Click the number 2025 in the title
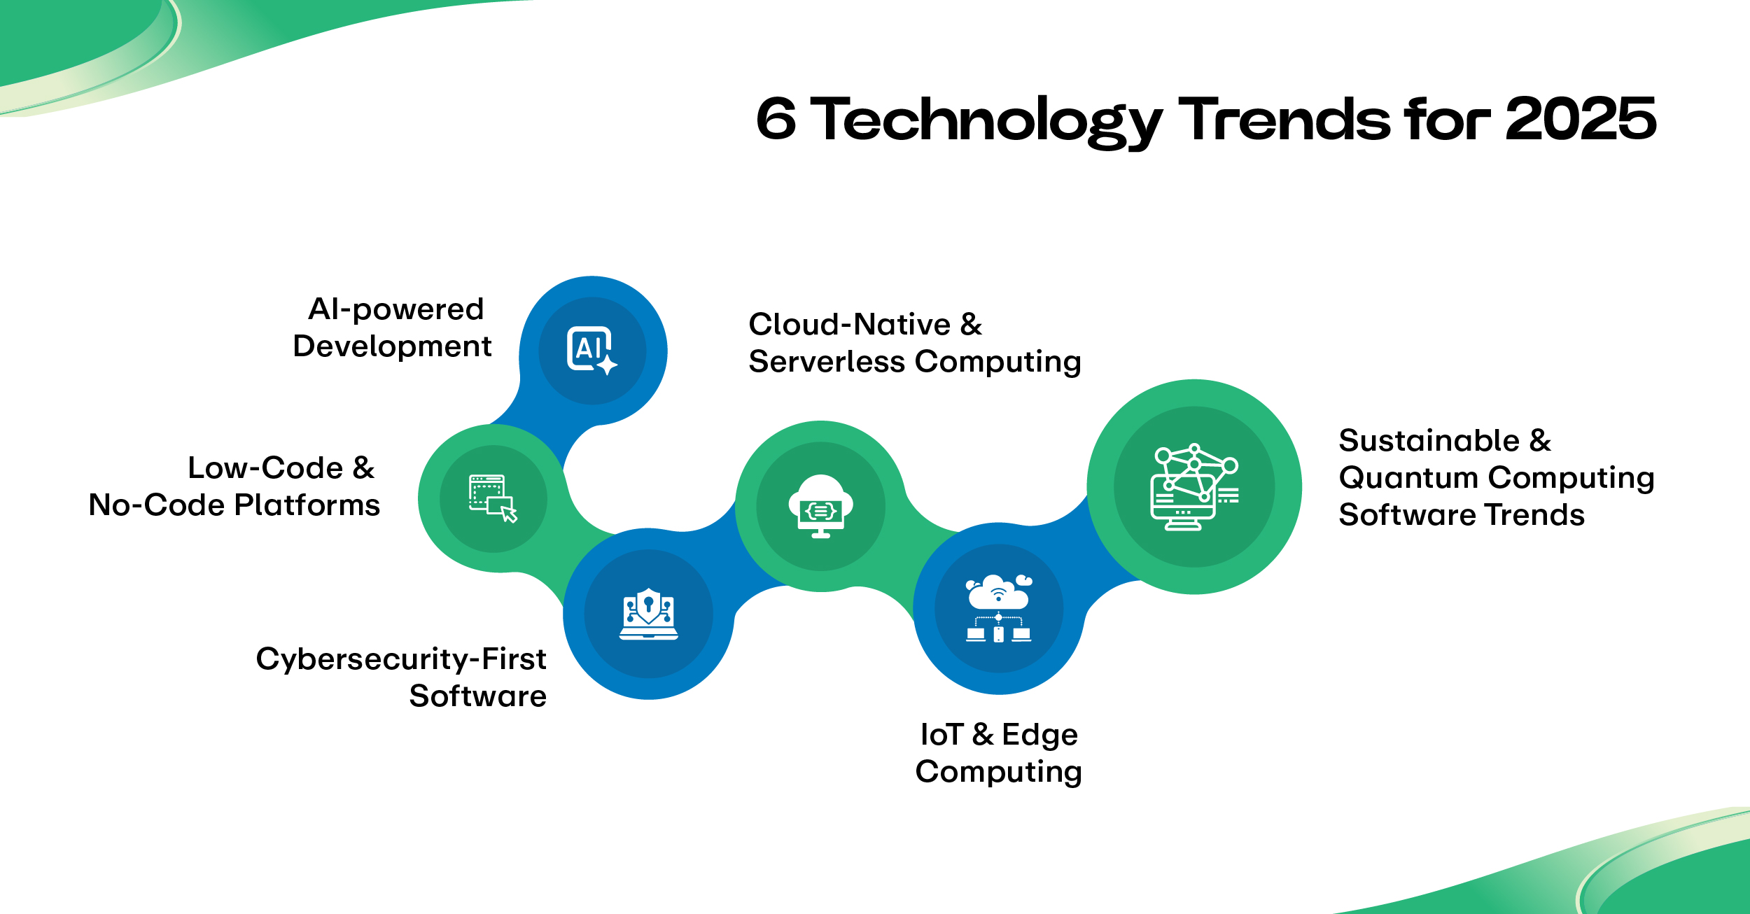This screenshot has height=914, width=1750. (x=1580, y=119)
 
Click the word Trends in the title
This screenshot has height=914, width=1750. (x=1284, y=119)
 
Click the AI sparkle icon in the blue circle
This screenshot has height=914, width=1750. (x=591, y=351)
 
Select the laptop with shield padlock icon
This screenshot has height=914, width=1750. (x=648, y=614)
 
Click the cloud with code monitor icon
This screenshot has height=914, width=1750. (x=820, y=506)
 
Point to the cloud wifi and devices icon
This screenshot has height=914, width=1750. (x=998, y=608)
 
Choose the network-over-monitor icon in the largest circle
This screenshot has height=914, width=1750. (x=1194, y=487)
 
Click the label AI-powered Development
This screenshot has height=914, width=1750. (x=392, y=328)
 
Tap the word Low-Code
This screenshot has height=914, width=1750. (x=265, y=467)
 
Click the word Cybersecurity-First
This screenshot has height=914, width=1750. (x=401, y=659)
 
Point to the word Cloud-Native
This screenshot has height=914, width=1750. (x=849, y=324)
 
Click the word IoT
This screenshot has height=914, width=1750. (x=941, y=734)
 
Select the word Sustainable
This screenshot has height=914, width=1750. (x=1429, y=440)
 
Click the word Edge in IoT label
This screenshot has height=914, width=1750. (x=1039, y=736)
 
